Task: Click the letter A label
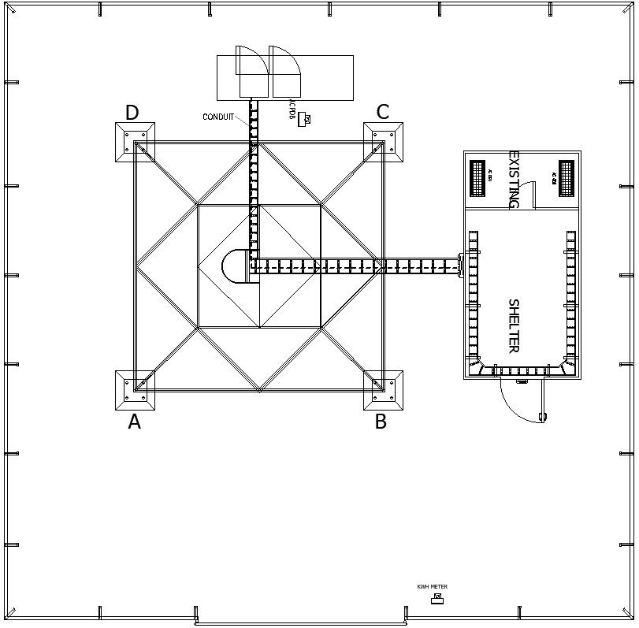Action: click(135, 422)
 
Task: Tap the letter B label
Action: click(381, 422)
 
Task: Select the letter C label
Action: click(382, 112)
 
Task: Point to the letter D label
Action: click(132, 113)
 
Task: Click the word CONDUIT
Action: click(218, 117)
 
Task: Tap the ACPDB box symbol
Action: click(304, 119)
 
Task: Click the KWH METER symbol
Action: click(437, 599)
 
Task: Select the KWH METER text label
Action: click(432, 587)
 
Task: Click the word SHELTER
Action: click(513, 325)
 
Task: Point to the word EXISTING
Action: click(514, 180)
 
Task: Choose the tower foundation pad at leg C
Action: click(383, 143)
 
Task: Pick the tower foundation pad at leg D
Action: click(135, 143)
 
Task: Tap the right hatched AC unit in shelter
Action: click(567, 178)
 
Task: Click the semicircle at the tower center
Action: click(236, 266)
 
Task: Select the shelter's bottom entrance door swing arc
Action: click(520, 402)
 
